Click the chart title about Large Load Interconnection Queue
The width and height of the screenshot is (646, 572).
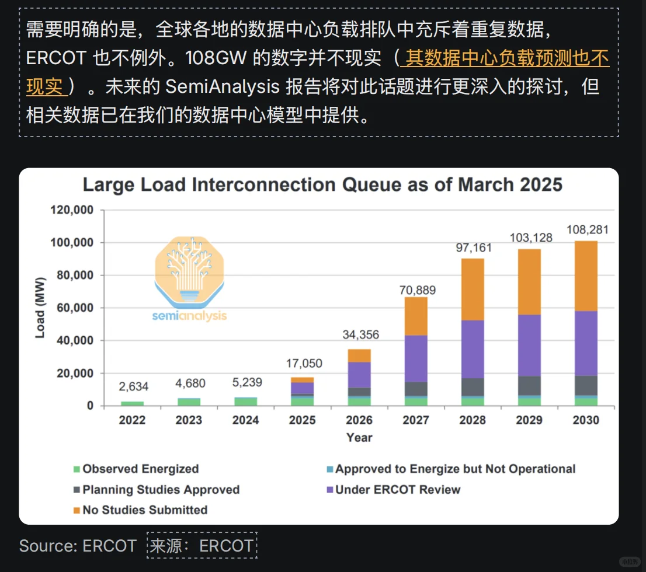322,185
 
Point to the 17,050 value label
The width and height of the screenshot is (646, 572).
304,364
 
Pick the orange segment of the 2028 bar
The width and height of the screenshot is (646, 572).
473,289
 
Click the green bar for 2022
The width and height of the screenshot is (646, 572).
133,403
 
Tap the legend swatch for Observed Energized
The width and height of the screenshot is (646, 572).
76,469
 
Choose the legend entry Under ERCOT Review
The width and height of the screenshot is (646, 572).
397,490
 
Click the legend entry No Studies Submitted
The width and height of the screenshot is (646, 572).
144,510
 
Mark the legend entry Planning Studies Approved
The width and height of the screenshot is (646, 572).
161,490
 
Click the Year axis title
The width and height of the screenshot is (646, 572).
359,437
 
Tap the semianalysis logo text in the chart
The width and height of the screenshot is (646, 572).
189,316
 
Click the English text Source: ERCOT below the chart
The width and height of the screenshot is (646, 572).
78,546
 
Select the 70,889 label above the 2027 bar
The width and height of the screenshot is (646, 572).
416,290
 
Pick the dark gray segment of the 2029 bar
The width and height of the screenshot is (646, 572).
529,386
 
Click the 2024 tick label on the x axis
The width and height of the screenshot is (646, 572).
246,420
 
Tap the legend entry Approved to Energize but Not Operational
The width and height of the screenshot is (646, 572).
455,469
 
